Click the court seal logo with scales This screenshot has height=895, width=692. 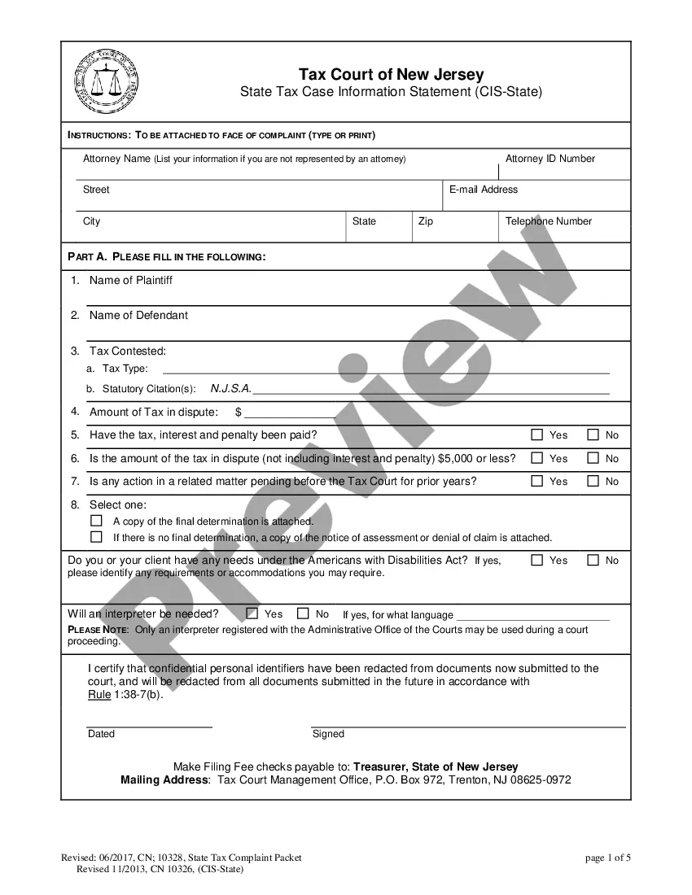click(107, 81)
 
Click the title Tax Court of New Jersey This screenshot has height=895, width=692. click(391, 75)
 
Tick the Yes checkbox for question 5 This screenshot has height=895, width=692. click(537, 434)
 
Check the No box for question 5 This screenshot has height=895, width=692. click(593, 434)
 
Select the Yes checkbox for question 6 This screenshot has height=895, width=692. click(537, 458)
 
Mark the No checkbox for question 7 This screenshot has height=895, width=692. click(593, 481)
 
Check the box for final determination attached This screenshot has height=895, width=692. click(96, 520)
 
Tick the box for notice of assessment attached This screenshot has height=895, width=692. click(96, 537)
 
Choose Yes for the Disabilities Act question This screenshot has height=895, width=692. click(537, 560)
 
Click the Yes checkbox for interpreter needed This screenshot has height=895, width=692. click(252, 613)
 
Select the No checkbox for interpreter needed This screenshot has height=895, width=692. click(303, 613)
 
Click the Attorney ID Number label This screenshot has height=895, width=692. click(550, 159)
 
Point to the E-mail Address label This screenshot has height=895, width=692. click(483, 190)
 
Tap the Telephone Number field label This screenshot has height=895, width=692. click(548, 221)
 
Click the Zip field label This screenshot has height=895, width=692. click(425, 221)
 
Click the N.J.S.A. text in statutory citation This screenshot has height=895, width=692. click(231, 389)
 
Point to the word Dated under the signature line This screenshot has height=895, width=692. click(101, 734)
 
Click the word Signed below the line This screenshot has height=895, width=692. click(328, 734)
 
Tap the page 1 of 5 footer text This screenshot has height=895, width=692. click(608, 858)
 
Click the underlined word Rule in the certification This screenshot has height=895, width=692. click(99, 694)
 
